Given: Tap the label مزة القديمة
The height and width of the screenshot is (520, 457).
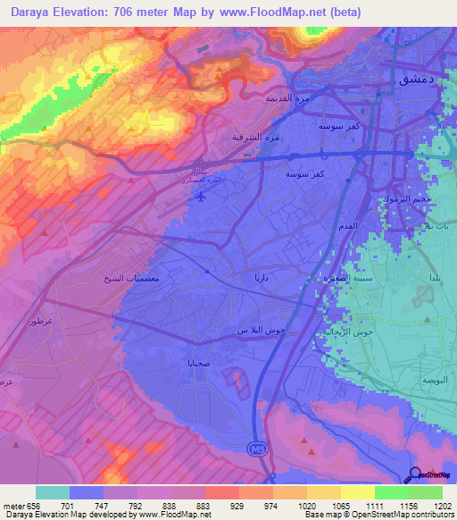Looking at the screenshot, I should coord(281,98).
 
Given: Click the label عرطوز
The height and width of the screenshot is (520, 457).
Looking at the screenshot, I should coord(38,321).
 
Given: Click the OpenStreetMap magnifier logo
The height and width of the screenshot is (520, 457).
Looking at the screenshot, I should coord(417,475).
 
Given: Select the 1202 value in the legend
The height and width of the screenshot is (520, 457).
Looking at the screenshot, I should coord(441,506).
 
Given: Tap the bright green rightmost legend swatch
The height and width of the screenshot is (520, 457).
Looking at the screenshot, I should coord(425,492).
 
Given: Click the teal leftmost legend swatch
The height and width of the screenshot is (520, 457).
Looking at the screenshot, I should coord(53,492).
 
